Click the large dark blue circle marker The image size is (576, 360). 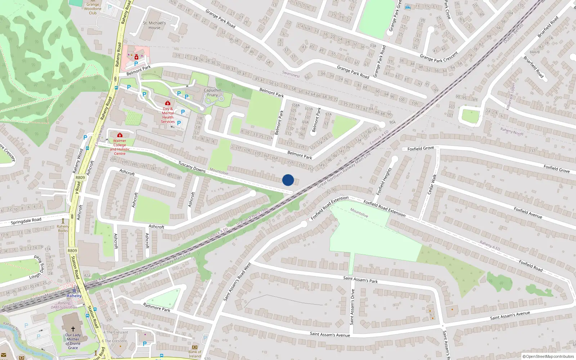[x=288, y=180]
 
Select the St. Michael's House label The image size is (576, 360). [x=154, y=25]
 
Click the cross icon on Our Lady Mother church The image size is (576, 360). [x=73, y=329]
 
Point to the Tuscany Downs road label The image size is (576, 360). [x=192, y=166]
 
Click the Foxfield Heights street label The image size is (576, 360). [x=384, y=181]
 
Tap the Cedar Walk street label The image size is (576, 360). [x=432, y=184]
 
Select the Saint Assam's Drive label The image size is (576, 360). [x=352, y=307]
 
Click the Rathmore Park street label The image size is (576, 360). [x=157, y=307]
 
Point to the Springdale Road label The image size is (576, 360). [x=26, y=221]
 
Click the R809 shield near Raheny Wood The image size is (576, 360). [x=80, y=177]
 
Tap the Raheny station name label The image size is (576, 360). [x=74, y=296]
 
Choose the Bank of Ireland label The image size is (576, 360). [x=195, y=354]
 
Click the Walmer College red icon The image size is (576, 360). [x=120, y=135]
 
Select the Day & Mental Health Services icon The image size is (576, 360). [x=167, y=103]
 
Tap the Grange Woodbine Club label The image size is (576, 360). [x=93, y=9]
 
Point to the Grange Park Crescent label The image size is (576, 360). [x=439, y=57]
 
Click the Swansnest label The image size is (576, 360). [x=291, y=75]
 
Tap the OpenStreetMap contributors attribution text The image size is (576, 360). [x=548, y=357]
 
